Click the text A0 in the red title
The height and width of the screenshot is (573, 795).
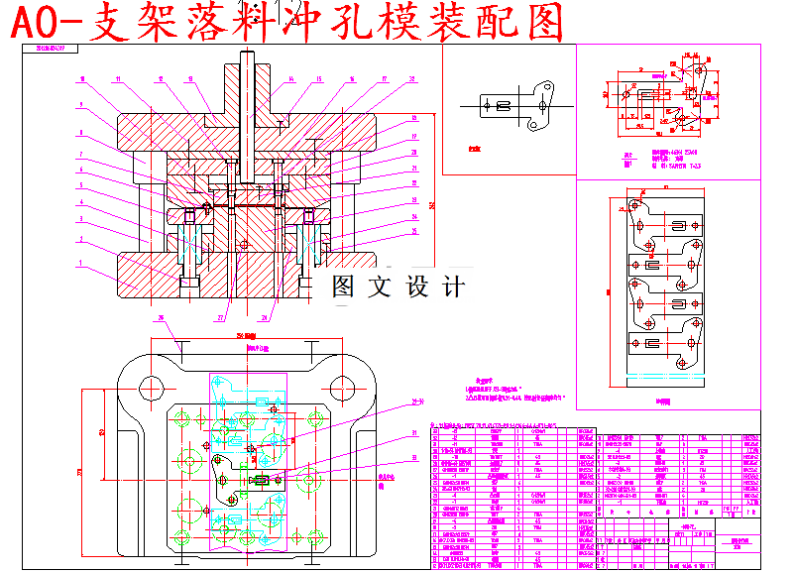click(x=42, y=23)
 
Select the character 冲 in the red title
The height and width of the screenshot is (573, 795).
click(x=291, y=23)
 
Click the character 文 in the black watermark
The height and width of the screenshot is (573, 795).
click(x=382, y=287)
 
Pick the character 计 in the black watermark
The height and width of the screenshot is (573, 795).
click(x=453, y=287)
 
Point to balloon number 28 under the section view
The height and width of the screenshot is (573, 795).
click(x=265, y=318)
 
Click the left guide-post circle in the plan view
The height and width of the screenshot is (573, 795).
click(x=152, y=386)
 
